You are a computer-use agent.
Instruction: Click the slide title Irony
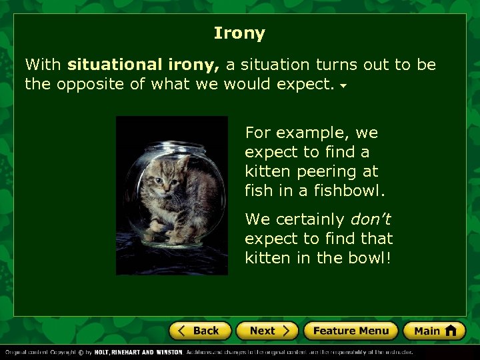(x=239, y=33)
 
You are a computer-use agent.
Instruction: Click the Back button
(x=200, y=331)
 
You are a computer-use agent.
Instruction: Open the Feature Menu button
(x=351, y=331)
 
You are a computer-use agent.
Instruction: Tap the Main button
(x=434, y=331)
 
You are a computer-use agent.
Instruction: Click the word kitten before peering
(x=267, y=171)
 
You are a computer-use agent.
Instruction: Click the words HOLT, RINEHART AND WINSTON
(x=137, y=352)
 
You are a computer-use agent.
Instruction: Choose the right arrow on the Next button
(x=285, y=331)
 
